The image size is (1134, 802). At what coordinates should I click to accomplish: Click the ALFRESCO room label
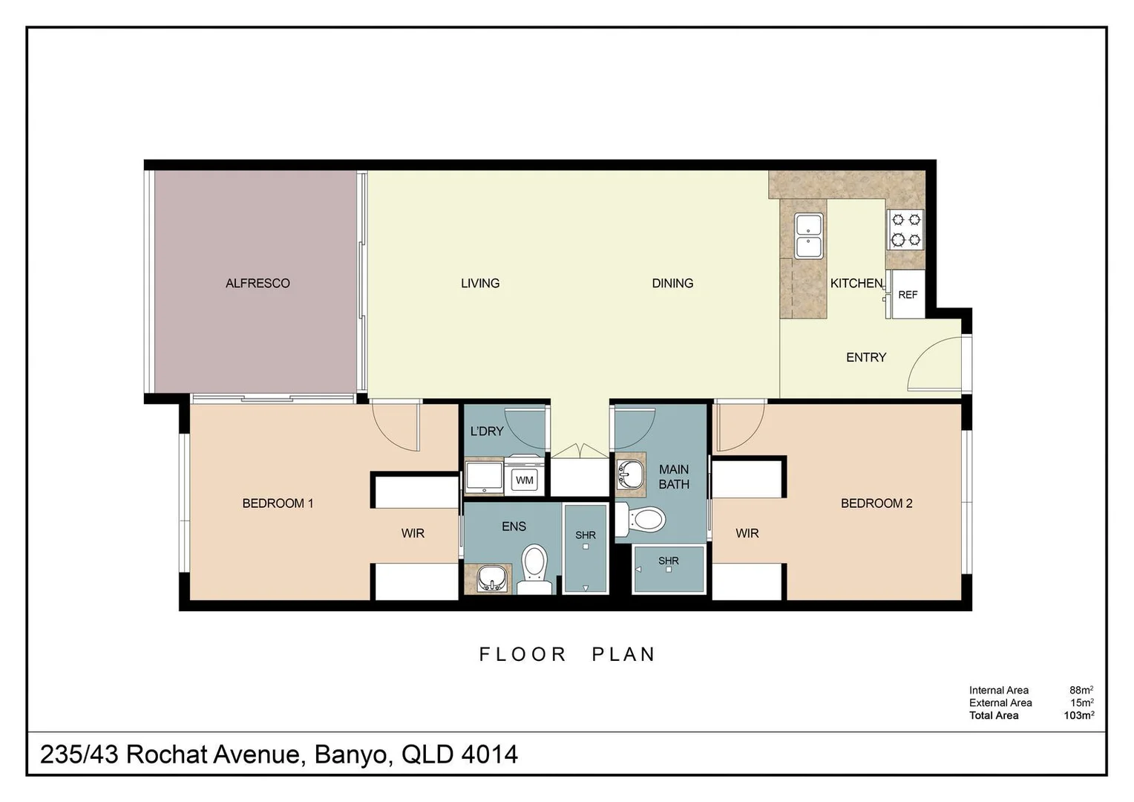[258, 283]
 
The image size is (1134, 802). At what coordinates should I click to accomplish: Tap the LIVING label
[480, 283]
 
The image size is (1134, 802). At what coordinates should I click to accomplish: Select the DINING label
[672, 283]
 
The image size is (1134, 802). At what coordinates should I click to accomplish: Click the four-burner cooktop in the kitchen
[905, 229]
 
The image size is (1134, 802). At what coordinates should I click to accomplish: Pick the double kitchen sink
[808, 235]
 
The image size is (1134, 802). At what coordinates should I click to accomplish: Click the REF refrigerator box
[908, 295]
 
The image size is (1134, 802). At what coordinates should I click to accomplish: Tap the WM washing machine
[525, 480]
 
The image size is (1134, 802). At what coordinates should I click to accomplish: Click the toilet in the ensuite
[534, 569]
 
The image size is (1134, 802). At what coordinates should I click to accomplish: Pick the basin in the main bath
[631, 474]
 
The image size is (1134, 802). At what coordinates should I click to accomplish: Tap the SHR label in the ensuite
[586, 535]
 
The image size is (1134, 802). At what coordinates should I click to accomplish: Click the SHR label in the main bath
[668, 561]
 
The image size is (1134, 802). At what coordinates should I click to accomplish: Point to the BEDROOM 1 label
[278, 503]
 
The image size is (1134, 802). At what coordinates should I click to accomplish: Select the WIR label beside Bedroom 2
[747, 533]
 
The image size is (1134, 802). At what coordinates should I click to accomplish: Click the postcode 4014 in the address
[489, 754]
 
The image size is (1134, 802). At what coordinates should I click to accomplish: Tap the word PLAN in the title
[623, 654]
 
